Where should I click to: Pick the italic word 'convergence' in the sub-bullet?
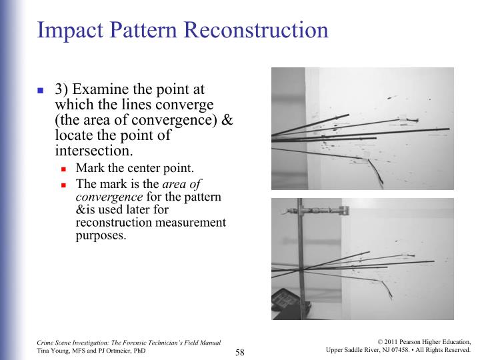coord(109,197)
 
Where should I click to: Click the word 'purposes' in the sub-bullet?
coord(101,235)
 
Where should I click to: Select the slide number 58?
coord(241,351)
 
